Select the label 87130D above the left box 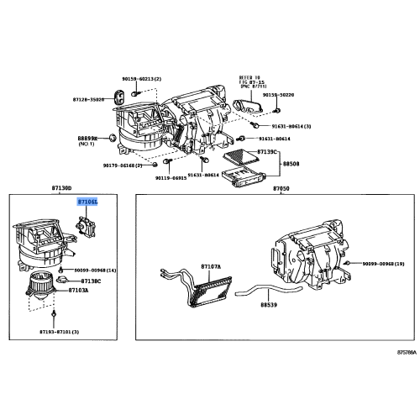point(87,190)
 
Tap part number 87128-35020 point(111,99)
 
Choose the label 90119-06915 point(168,177)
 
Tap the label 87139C point(267,151)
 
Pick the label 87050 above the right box point(281,190)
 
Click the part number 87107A point(210,267)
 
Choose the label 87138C point(91,280)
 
